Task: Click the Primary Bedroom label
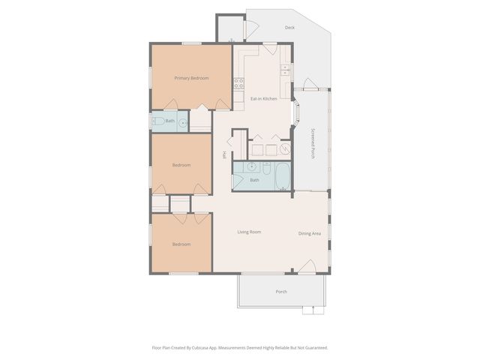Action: [x=191, y=78]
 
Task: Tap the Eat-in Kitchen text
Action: [x=263, y=99]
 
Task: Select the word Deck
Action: [x=289, y=28]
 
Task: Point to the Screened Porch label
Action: [x=313, y=142]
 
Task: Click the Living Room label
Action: [x=249, y=232]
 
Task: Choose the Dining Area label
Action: [x=309, y=234]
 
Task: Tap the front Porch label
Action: [x=281, y=292]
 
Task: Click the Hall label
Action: [x=223, y=155]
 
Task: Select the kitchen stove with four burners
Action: [x=238, y=83]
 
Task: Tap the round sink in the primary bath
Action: [x=181, y=122]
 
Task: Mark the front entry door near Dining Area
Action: [x=306, y=267]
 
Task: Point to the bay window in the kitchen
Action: [x=297, y=116]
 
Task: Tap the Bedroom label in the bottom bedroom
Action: [x=181, y=244]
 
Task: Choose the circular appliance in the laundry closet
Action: [x=285, y=149]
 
